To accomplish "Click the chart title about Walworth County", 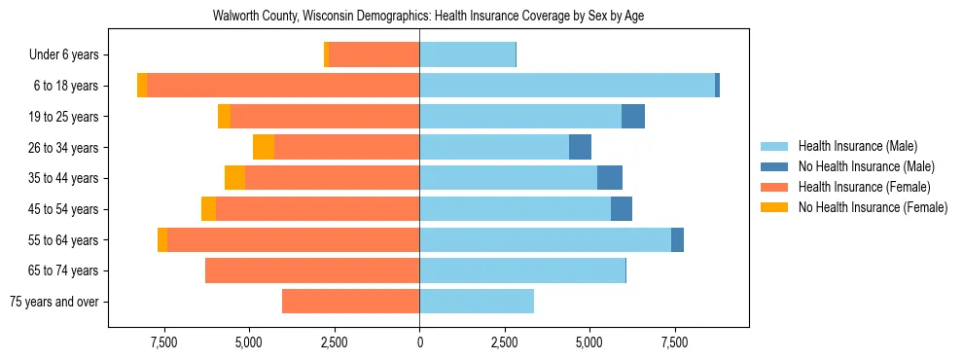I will click(428, 16).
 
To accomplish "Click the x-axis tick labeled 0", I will click(419, 342).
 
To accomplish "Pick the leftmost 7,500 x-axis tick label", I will click(164, 342).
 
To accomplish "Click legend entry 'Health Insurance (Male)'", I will click(857, 146).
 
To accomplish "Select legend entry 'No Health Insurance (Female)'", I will click(873, 207).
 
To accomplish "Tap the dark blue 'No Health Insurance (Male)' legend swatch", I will click(774, 166).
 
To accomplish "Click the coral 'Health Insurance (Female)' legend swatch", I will click(774, 187).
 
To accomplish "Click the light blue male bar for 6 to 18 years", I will click(567, 86).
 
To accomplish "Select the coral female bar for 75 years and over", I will click(350, 302).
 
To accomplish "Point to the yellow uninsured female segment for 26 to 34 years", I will click(264, 147).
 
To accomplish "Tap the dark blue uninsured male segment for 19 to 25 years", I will click(633, 117).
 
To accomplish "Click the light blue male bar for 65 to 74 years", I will click(522, 270).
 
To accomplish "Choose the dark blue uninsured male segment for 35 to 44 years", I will click(610, 178).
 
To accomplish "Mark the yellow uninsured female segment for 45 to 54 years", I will click(208, 209).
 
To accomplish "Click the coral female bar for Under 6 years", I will click(374, 55).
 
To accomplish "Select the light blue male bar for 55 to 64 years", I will click(545, 240).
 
